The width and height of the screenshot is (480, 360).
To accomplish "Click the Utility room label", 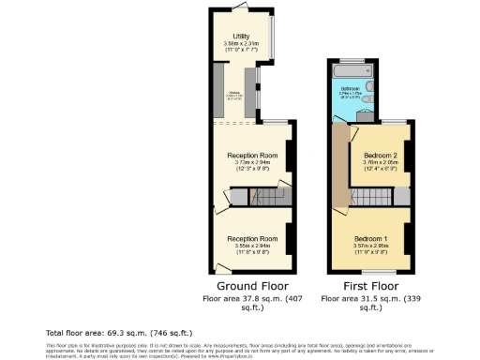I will tap(242, 35).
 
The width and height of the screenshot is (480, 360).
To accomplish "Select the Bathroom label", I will tap(349, 89).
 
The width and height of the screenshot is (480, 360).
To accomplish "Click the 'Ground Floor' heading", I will tap(252, 286).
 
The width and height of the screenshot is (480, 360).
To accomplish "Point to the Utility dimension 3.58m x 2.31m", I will tap(242, 43).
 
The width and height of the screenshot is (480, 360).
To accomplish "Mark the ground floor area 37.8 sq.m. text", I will tap(252, 302).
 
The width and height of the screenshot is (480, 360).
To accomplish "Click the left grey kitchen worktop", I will tap(218, 91).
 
